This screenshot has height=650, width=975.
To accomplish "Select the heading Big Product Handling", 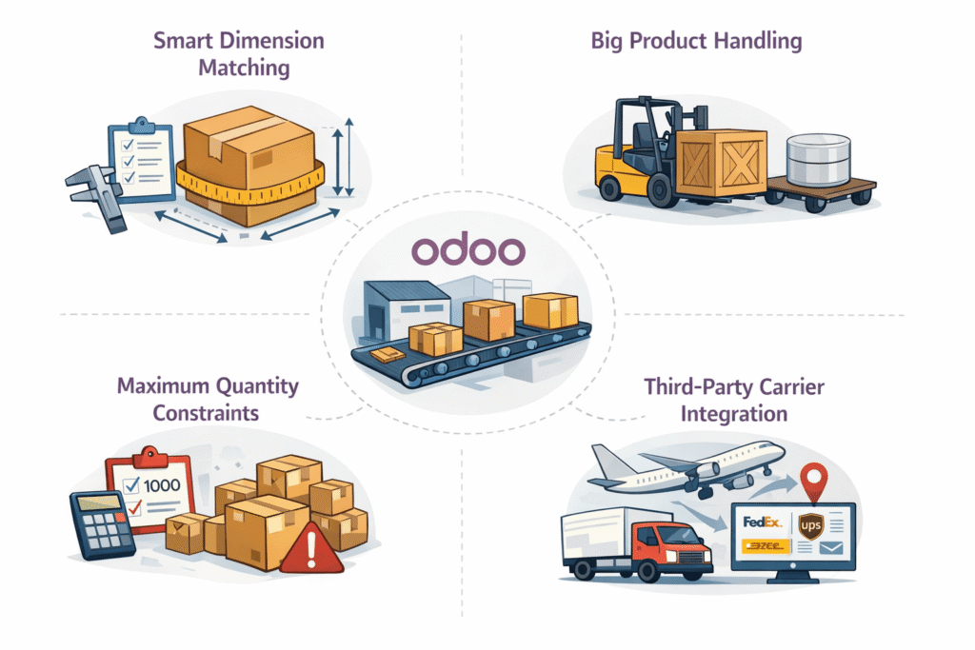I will coord(695,41).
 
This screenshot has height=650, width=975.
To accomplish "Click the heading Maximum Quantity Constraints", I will coord(207,400).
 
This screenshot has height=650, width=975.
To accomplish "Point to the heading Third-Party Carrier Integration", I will coord(733,401).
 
